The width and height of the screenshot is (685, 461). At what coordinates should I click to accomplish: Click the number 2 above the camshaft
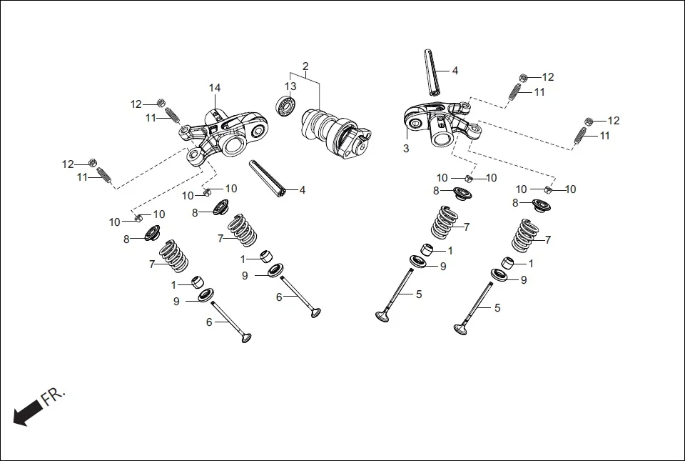305,66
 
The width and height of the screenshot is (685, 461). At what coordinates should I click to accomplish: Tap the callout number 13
290,86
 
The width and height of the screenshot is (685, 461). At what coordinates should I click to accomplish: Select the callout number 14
215,88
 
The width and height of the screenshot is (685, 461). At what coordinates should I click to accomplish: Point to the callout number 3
406,149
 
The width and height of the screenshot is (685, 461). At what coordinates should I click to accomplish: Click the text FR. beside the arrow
54,396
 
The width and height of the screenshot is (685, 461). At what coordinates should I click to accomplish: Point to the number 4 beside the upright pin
455,71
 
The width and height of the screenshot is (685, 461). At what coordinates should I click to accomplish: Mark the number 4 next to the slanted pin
303,190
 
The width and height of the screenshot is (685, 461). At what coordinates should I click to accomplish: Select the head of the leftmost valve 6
247,337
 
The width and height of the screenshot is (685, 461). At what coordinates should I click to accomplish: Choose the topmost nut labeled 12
524,77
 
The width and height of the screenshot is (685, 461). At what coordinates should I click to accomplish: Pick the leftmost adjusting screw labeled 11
103,174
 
